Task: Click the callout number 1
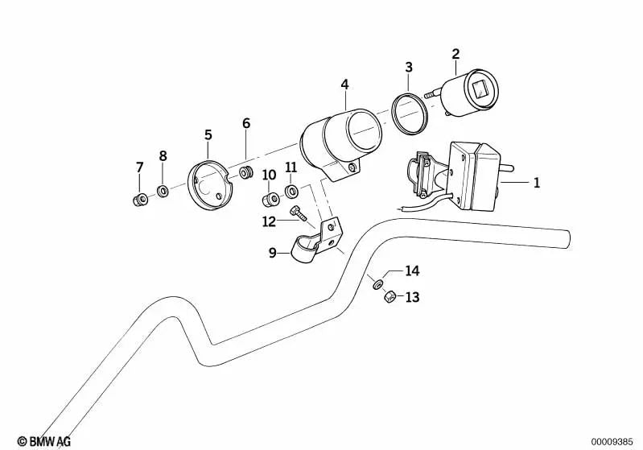coord(536,183)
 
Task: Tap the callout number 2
coord(455,54)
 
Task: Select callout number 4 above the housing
coord(344,84)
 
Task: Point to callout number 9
coord(273,252)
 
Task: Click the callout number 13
coord(412,297)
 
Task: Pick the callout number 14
coord(412,270)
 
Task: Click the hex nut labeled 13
coord(385,295)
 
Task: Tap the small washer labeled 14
coord(376,283)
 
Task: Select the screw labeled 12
coord(300,213)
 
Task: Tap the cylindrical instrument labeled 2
coord(468,95)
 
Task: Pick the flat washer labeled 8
coord(163,192)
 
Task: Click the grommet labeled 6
coord(247,172)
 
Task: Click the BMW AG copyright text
coord(44,441)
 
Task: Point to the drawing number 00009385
coord(613,441)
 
